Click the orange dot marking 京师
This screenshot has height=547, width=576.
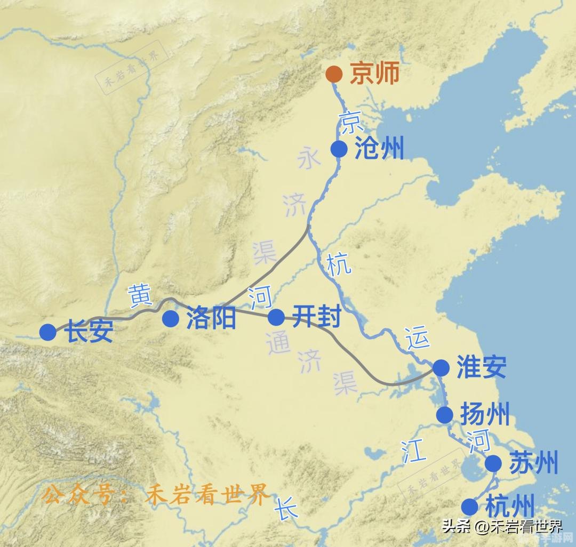(334, 74)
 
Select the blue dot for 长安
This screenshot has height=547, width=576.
(47, 332)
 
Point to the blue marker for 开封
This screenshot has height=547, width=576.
(276, 317)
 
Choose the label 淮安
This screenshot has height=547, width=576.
(481, 367)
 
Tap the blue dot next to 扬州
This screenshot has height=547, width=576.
(444, 415)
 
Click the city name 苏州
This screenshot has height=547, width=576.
(533, 463)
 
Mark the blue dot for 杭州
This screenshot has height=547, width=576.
(469, 506)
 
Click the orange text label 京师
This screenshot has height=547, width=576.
(374, 74)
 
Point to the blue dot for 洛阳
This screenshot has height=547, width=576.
(171, 319)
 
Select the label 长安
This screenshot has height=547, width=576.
(89, 332)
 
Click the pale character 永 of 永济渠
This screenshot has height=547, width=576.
(308, 159)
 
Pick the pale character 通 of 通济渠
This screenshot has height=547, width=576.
(278, 344)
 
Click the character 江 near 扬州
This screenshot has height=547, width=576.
(414, 453)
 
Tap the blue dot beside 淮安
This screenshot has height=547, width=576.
(441, 367)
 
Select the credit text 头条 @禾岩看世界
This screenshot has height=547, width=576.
(501, 527)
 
